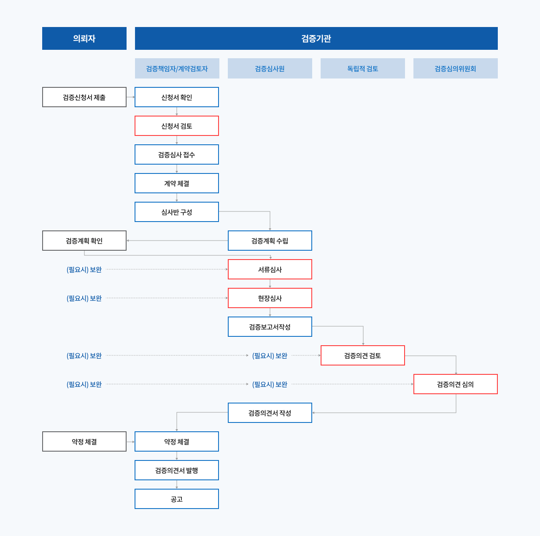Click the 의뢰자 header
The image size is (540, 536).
click(x=84, y=38)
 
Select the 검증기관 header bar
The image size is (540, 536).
click(x=316, y=38)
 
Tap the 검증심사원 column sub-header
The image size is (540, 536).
click(x=270, y=68)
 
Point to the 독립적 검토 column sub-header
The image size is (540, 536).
click(x=363, y=68)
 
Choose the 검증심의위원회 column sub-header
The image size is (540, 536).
click(x=456, y=68)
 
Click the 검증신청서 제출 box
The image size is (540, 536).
click(x=84, y=97)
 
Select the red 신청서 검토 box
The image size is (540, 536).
click(x=177, y=126)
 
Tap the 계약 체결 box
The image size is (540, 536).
click(x=177, y=183)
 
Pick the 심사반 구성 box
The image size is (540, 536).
click(x=177, y=212)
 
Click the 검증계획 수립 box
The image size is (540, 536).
click(x=270, y=241)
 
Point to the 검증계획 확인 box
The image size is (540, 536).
click(x=84, y=241)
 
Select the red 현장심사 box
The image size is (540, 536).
click(x=270, y=298)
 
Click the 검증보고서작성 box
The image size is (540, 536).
click(x=270, y=327)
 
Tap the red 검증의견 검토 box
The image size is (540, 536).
click(x=363, y=355)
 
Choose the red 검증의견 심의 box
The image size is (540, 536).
click(x=456, y=384)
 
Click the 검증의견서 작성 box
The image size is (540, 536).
click(x=270, y=413)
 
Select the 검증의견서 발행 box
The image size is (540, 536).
click(x=177, y=470)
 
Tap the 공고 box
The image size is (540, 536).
click(x=177, y=499)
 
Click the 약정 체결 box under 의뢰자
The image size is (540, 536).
click(x=84, y=441)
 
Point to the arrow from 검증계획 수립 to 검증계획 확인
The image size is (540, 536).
click(x=177, y=241)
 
